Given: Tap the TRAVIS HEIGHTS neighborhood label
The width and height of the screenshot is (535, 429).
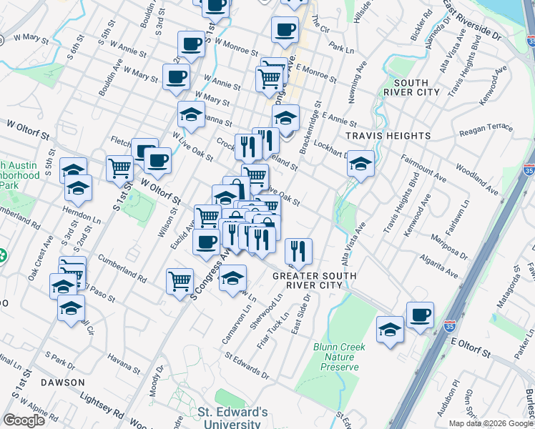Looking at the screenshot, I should pos(388,135).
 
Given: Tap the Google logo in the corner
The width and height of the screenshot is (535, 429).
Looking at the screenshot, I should pos(24,420).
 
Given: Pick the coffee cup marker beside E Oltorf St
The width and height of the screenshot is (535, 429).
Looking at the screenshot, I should pos(421,315).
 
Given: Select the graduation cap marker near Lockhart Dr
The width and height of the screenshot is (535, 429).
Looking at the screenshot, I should pos(361,164).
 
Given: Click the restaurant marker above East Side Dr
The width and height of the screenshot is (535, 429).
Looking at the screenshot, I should pos(298,250).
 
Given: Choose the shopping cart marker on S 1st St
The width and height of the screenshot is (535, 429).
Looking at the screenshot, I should pos(120,169).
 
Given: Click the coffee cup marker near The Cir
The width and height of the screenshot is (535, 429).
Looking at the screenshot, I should pos(285,30).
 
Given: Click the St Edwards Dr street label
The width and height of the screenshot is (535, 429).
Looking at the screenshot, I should pos(247,365).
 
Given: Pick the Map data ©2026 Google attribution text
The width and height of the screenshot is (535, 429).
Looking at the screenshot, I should pos(491,423).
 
